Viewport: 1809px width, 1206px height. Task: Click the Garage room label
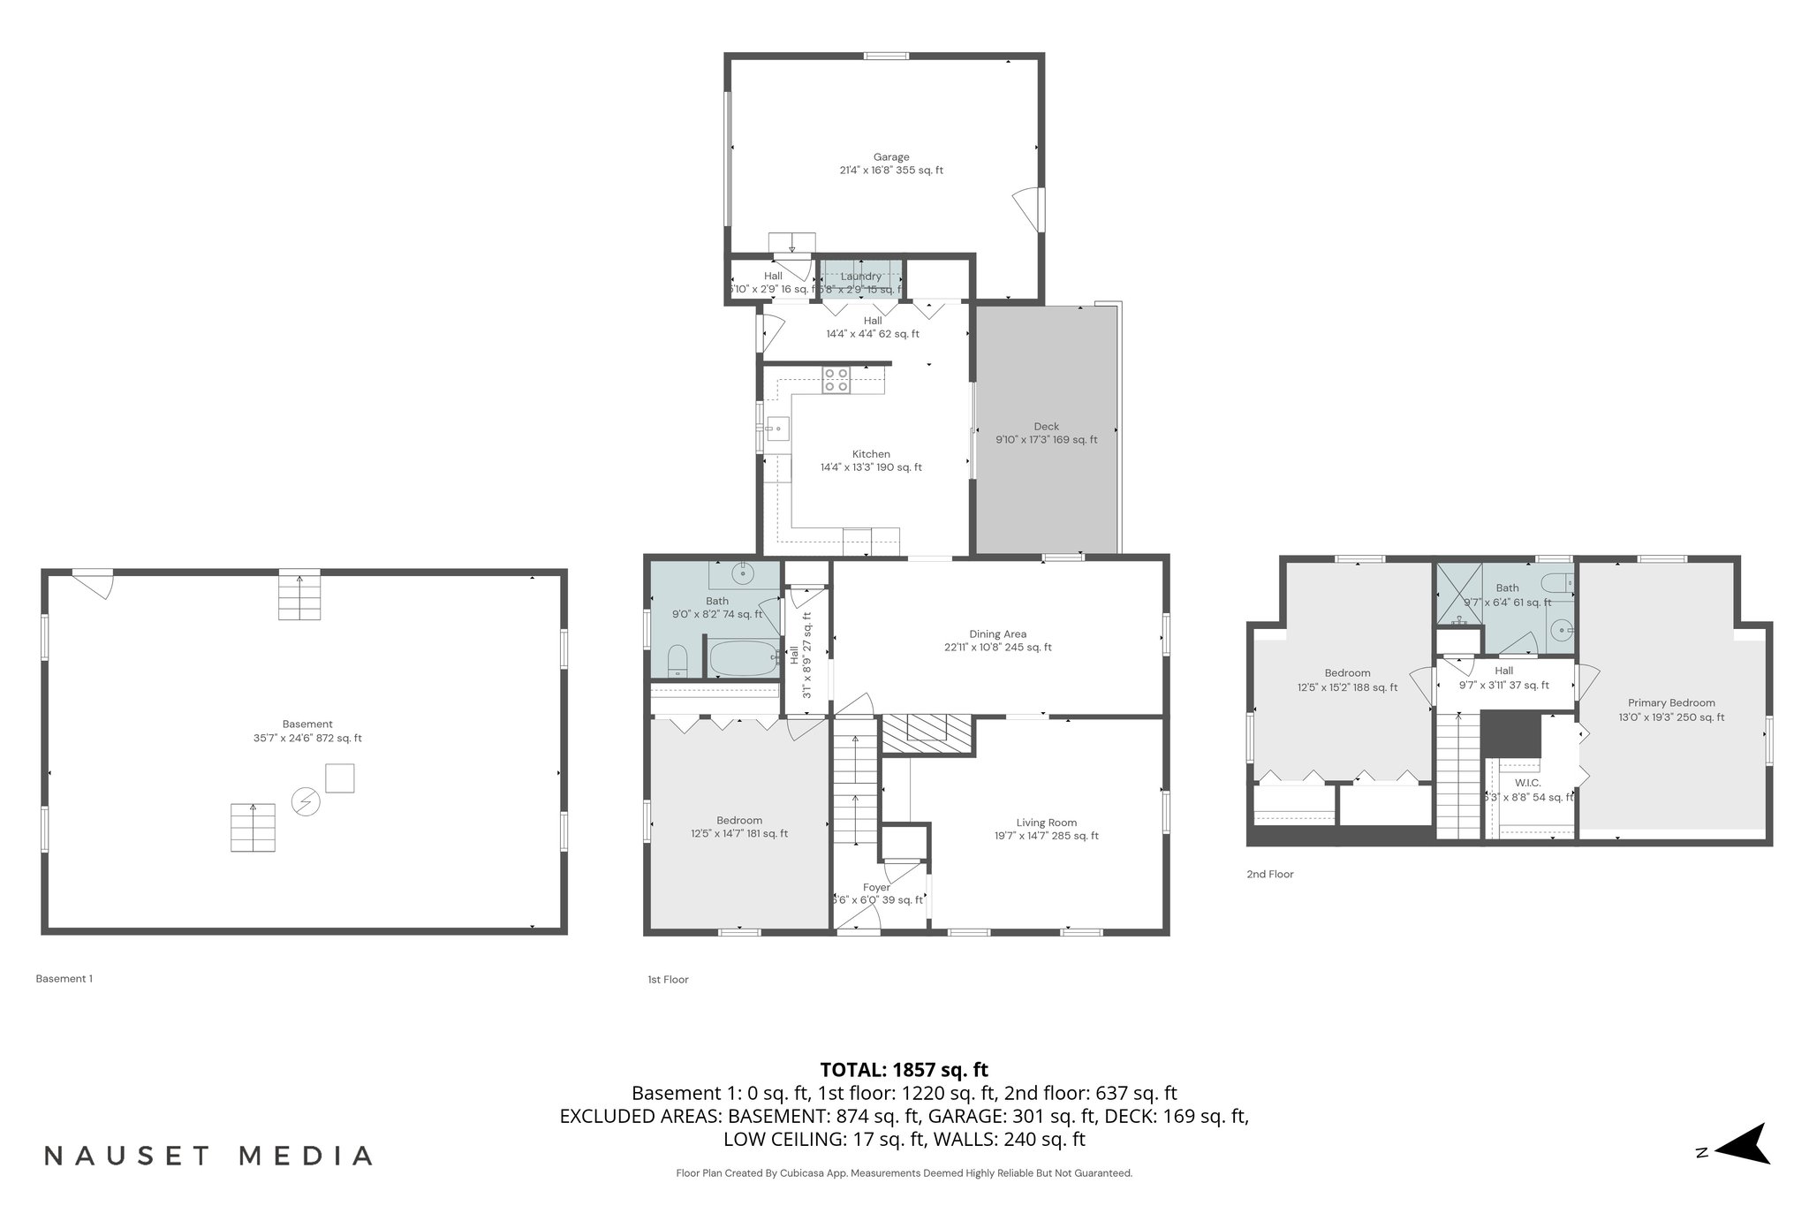[x=890, y=157]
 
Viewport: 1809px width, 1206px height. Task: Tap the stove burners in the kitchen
[x=836, y=381]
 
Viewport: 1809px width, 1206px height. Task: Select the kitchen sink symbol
[x=777, y=430]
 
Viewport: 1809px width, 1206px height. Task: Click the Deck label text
[x=1046, y=427]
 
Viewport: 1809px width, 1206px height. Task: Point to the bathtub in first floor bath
[x=741, y=658]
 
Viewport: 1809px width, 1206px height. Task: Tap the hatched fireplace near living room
[x=926, y=733]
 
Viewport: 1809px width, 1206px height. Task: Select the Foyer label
[x=876, y=887]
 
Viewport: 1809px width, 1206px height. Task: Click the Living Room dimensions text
[x=1046, y=836]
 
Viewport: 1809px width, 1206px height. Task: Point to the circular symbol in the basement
[x=307, y=801]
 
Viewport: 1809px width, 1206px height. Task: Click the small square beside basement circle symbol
[x=339, y=778]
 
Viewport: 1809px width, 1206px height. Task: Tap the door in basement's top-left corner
[x=94, y=584]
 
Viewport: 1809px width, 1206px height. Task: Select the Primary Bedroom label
[x=1671, y=703]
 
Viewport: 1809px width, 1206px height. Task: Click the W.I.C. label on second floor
[x=1527, y=783]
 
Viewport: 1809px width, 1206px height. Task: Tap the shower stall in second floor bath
[x=1459, y=591]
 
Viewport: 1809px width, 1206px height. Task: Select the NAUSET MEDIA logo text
[x=208, y=1156]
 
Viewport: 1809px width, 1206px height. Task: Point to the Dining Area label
[x=997, y=633]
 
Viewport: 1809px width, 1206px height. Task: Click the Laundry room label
[x=860, y=277]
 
